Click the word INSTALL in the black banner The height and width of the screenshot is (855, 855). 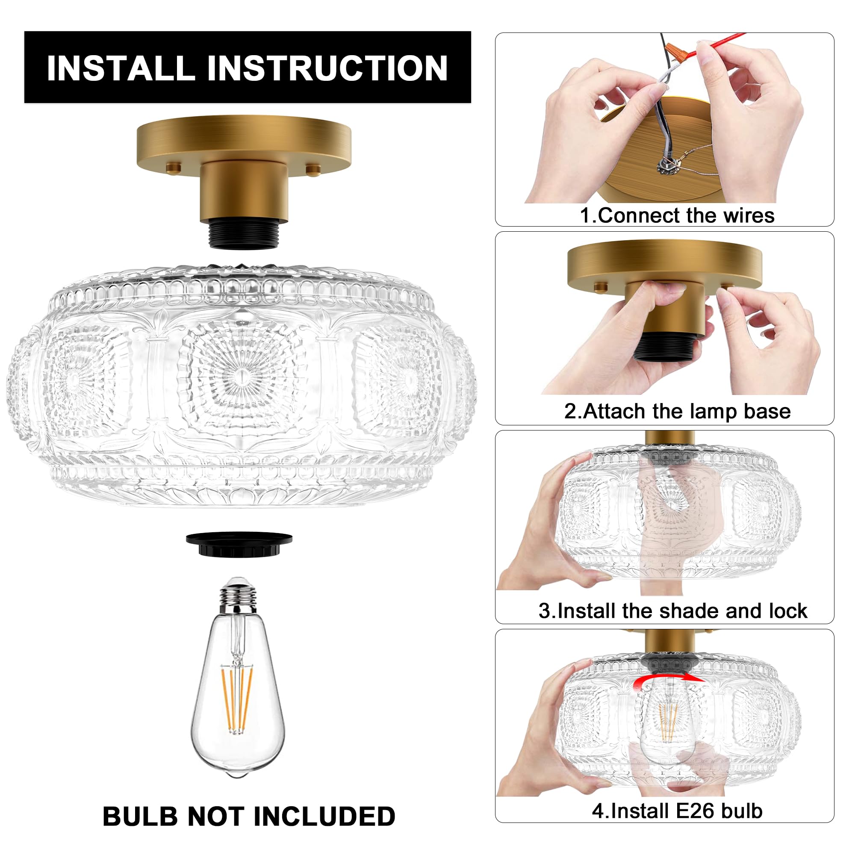(121, 68)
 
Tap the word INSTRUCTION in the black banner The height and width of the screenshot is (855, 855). (327, 68)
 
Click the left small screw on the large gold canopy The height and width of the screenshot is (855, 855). (174, 168)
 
